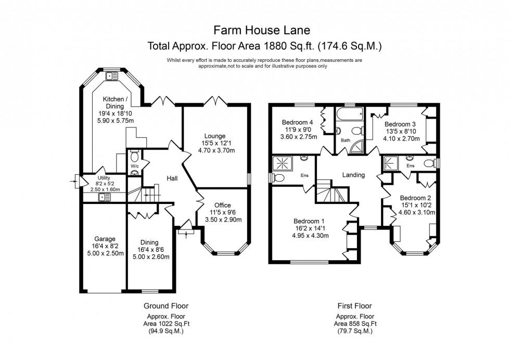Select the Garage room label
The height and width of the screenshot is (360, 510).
pyautogui.click(x=105, y=239)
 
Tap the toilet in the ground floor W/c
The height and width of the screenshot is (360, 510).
pyautogui.click(x=134, y=157)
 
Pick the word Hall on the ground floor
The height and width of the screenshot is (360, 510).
pyautogui.click(x=172, y=178)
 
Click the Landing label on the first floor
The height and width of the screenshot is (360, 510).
pyautogui.click(x=353, y=175)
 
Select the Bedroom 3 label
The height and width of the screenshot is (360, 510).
pyautogui.click(x=400, y=124)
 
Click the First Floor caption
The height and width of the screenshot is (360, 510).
pyautogui.click(x=353, y=306)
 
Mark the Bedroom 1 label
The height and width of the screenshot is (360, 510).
pyautogui.click(x=307, y=221)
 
